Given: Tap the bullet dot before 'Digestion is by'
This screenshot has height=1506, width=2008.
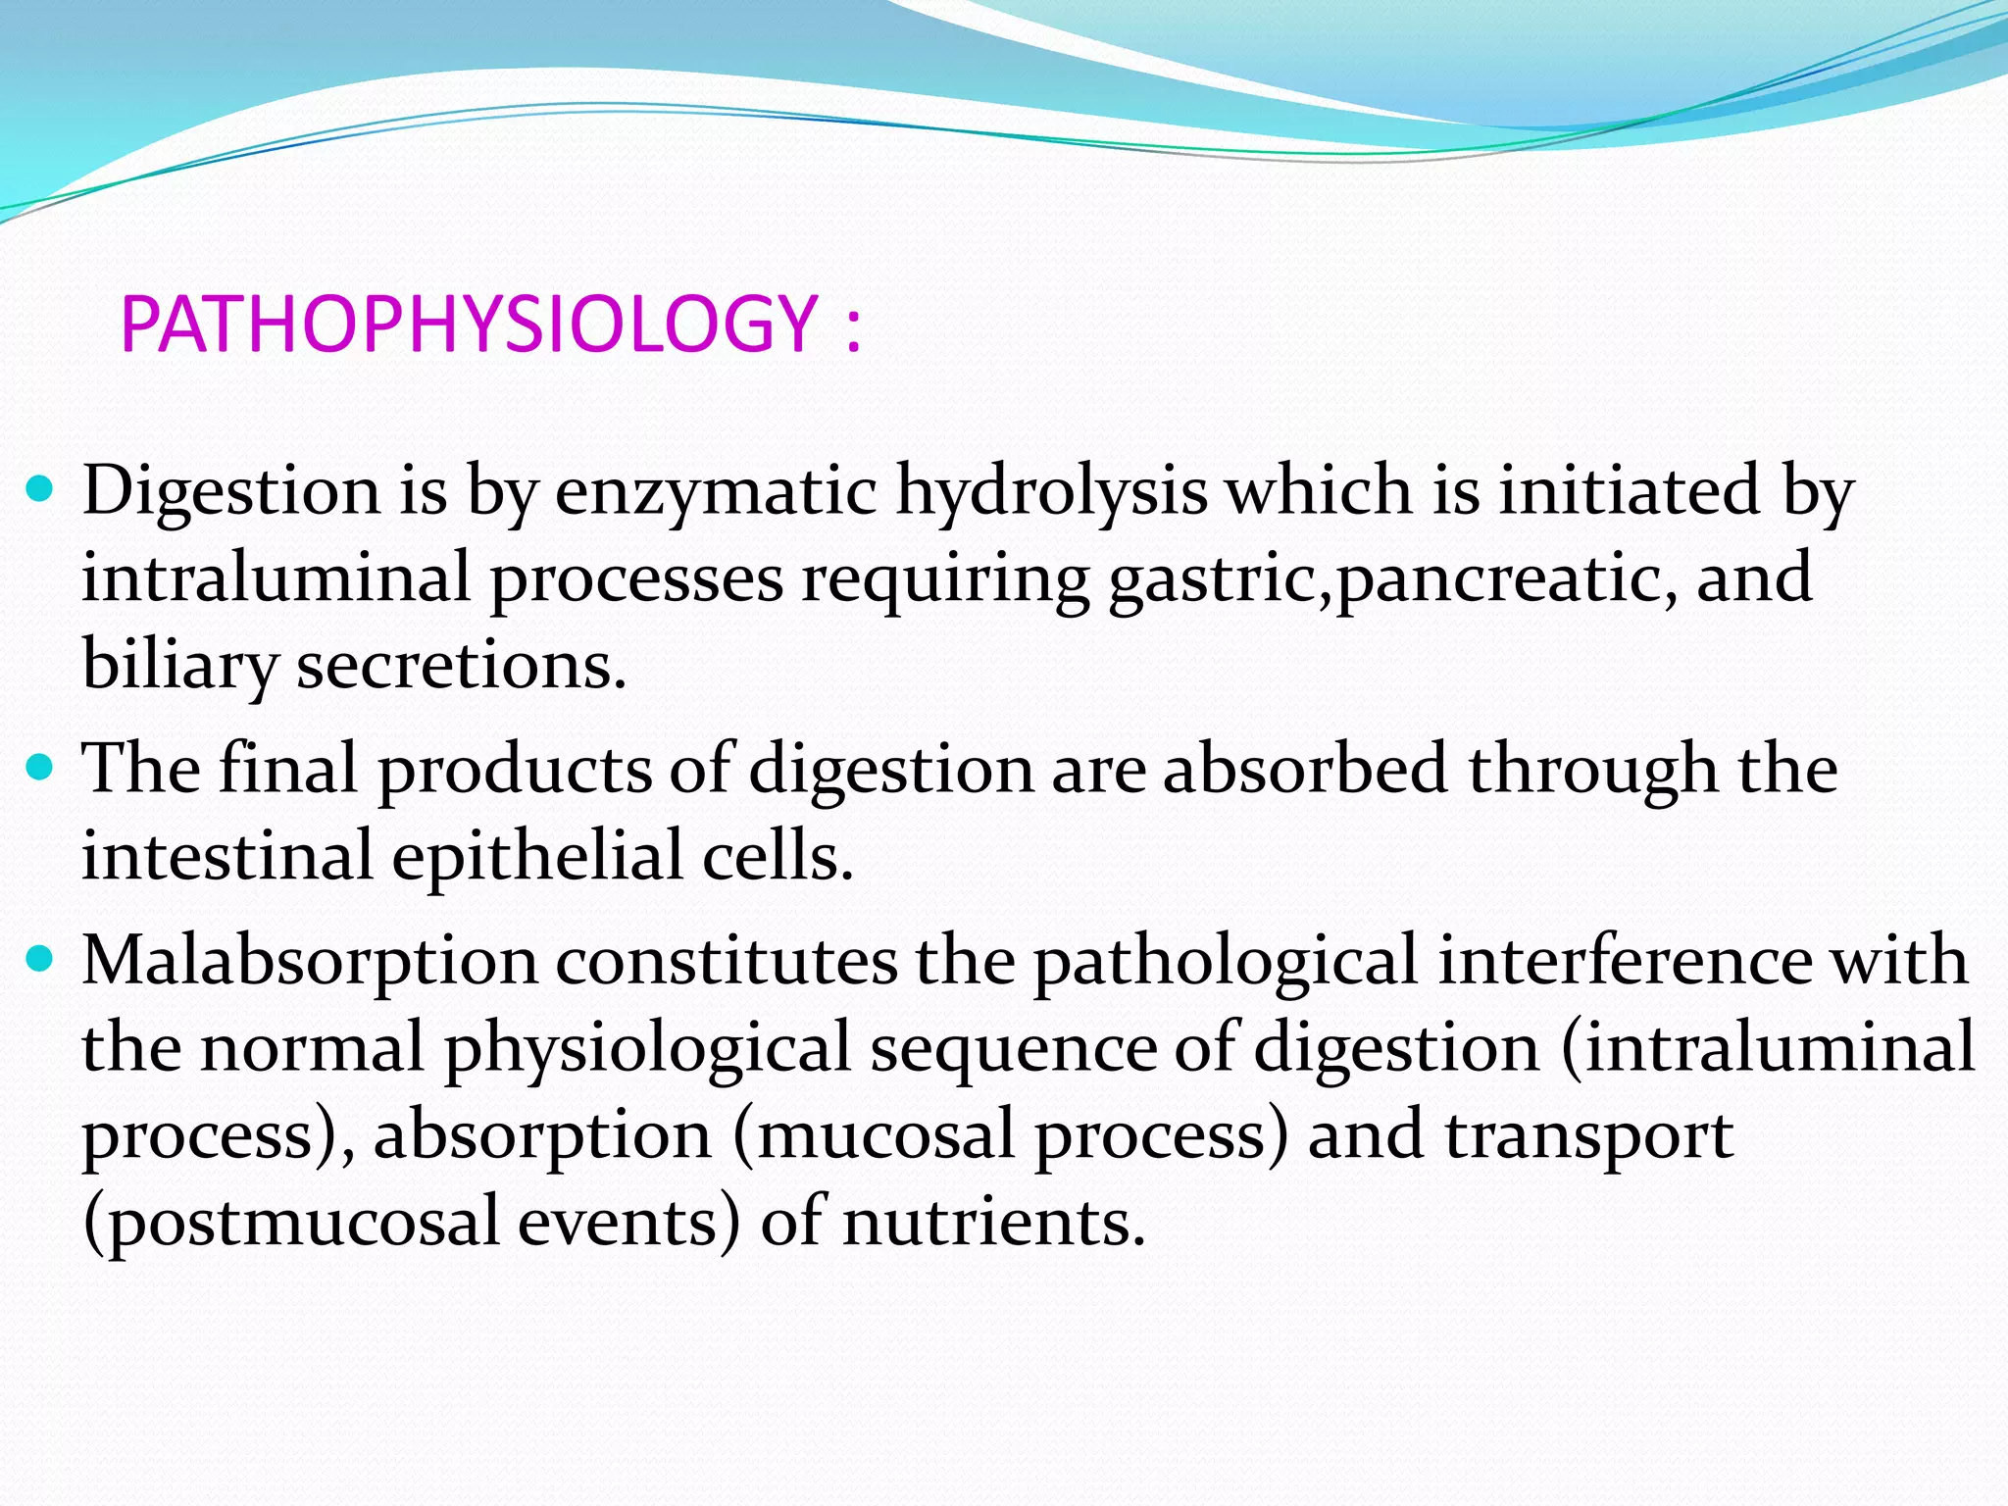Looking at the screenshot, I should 40,486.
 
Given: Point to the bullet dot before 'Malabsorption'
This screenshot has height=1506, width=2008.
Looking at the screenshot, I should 40,958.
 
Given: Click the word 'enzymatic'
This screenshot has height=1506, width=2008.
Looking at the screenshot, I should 716,490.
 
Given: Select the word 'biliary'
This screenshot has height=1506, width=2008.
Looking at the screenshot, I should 179,665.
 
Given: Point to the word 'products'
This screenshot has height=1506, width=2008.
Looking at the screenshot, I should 515,769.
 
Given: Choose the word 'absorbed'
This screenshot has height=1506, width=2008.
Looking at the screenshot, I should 1304,767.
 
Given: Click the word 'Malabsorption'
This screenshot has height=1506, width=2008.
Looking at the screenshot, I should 310,961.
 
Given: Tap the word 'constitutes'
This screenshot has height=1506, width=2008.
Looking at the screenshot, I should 727,960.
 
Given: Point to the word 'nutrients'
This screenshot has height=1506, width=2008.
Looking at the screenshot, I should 992,1222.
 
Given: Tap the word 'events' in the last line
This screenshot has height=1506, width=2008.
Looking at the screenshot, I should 627,1222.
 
